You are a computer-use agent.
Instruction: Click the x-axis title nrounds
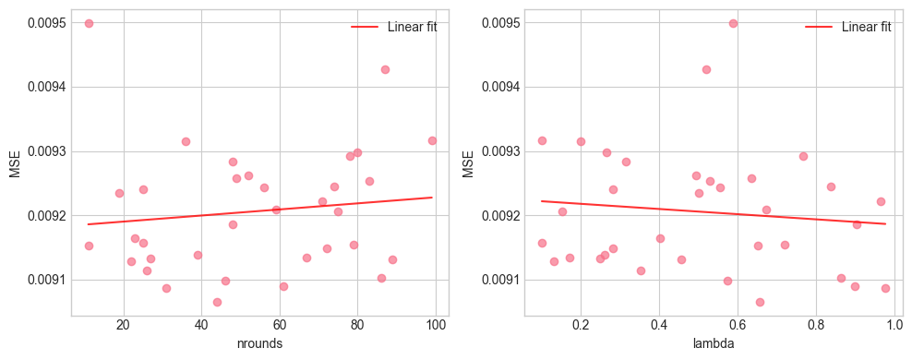pos(259,344)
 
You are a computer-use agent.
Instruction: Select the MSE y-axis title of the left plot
pos(14,164)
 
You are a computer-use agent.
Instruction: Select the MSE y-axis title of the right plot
pos(468,164)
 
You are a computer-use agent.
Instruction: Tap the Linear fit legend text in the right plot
pos(866,27)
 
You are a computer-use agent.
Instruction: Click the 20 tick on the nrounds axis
pos(123,326)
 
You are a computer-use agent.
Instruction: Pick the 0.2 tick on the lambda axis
pos(581,326)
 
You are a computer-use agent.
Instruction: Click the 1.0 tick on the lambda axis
pos(894,326)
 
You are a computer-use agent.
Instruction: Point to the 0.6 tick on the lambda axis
pos(737,326)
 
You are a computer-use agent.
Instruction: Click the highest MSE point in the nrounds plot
pos(89,23)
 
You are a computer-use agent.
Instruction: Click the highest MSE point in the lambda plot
pos(733,23)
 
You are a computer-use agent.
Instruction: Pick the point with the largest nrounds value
pos(432,140)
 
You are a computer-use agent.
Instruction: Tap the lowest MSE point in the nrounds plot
pos(217,302)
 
